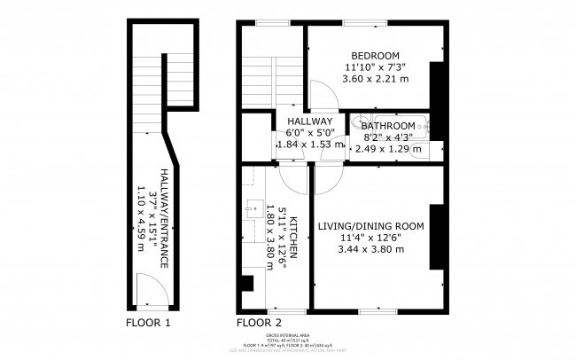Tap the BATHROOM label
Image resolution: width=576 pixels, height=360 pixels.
(387, 126)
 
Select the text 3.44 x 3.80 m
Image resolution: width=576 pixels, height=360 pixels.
(371, 250)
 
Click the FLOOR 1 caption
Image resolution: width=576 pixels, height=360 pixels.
(148, 322)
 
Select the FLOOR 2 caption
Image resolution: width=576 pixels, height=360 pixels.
(259, 322)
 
